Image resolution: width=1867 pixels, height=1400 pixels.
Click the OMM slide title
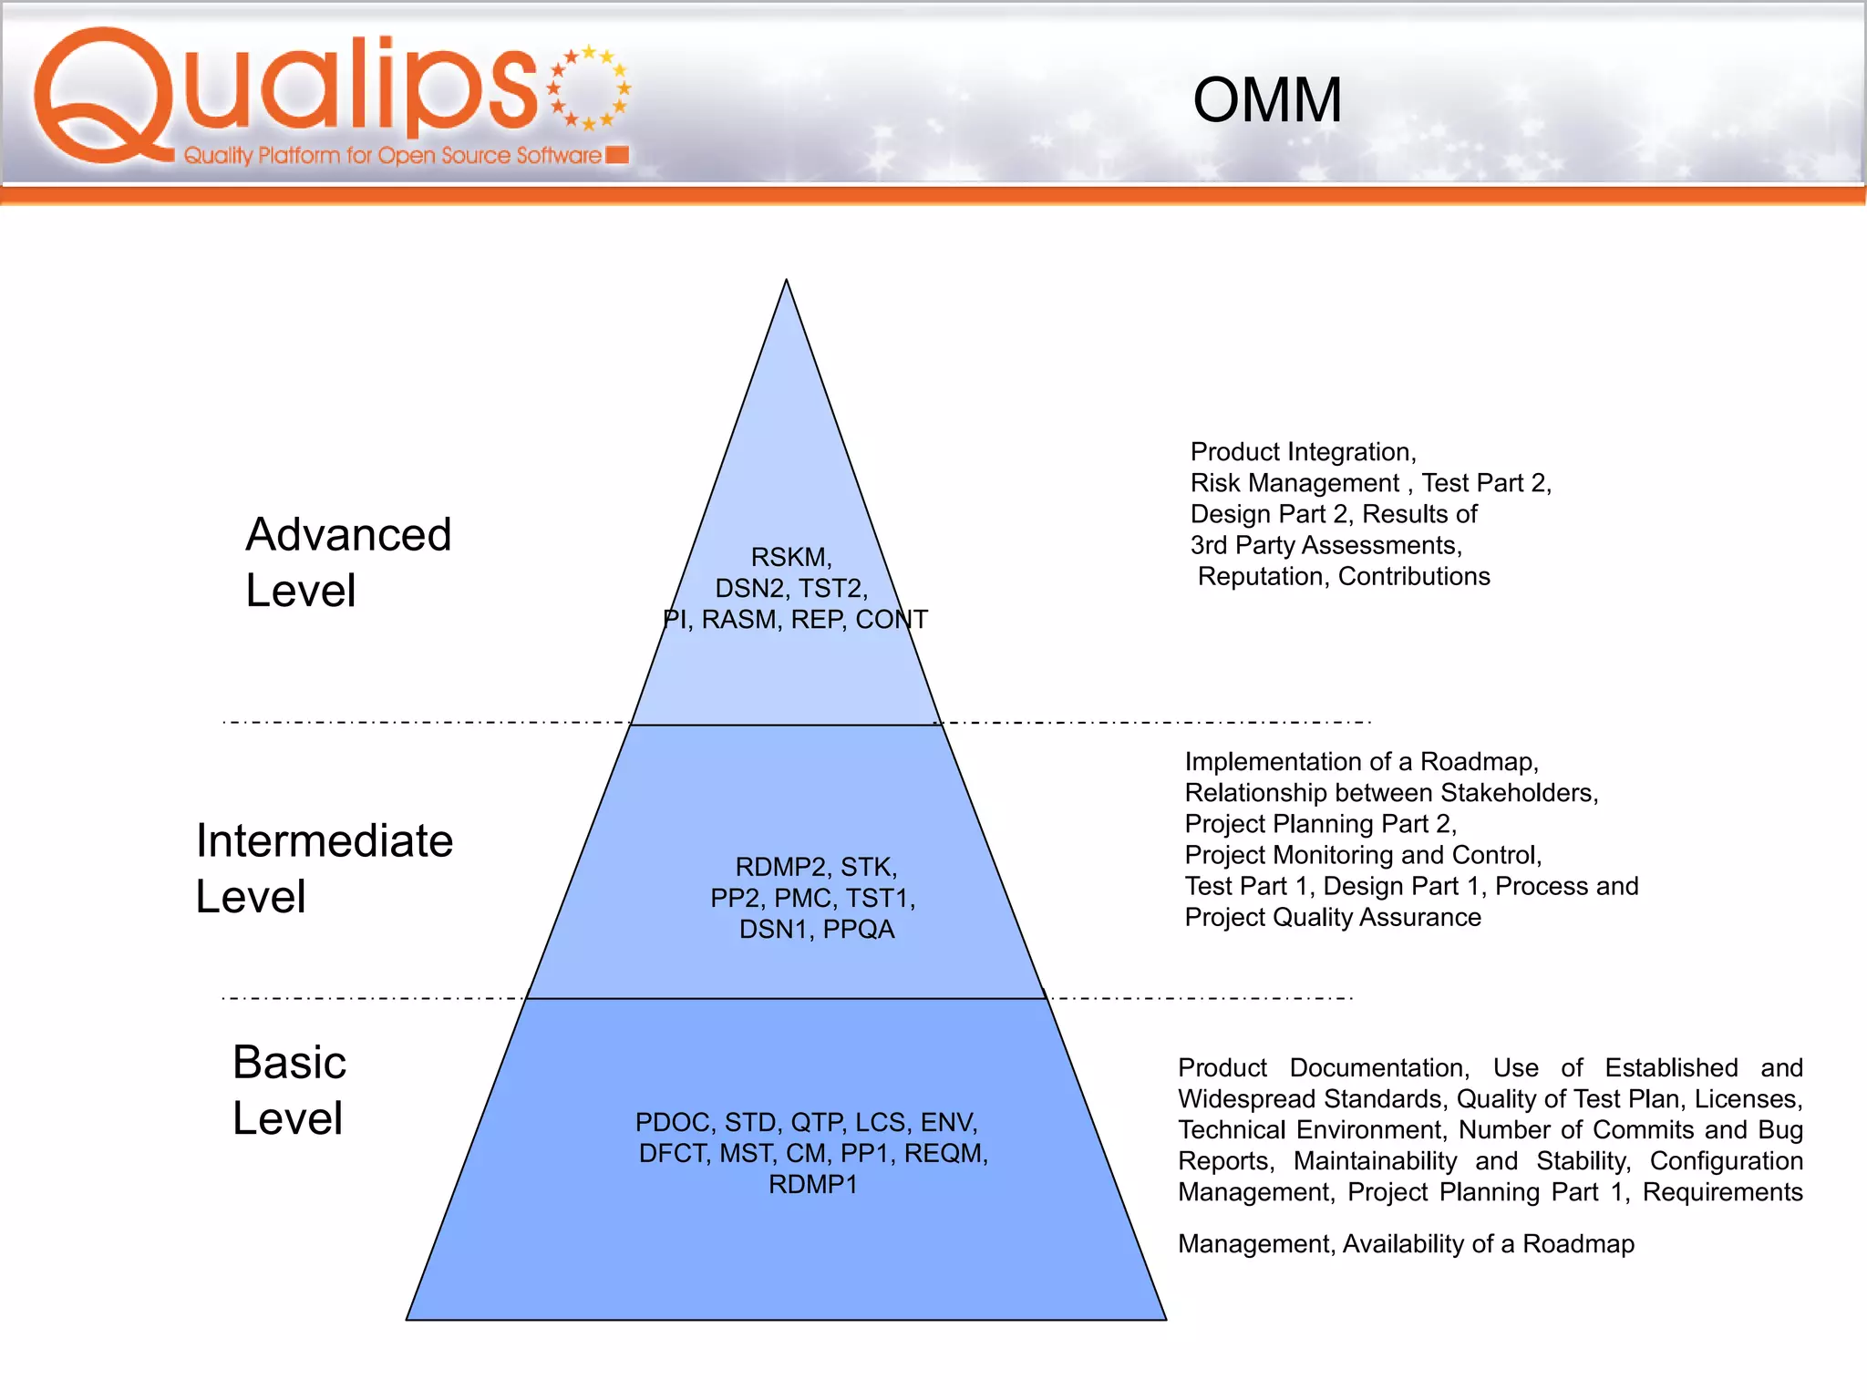(x=1267, y=100)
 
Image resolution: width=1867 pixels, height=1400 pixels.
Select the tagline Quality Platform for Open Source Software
(x=392, y=156)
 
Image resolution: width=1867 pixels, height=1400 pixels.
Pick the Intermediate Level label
(x=324, y=868)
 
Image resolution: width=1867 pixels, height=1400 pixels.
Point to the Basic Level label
(x=289, y=1090)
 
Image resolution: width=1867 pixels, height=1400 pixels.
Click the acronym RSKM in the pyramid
(x=790, y=557)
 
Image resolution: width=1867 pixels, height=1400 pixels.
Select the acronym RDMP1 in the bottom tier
(x=813, y=1185)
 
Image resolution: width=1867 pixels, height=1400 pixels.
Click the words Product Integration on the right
(x=1302, y=452)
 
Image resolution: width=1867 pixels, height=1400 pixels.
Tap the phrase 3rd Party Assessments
(x=1325, y=545)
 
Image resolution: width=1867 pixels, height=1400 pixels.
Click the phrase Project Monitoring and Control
(x=1362, y=855)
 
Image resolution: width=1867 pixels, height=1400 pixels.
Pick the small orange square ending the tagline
(x=617, y=155)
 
